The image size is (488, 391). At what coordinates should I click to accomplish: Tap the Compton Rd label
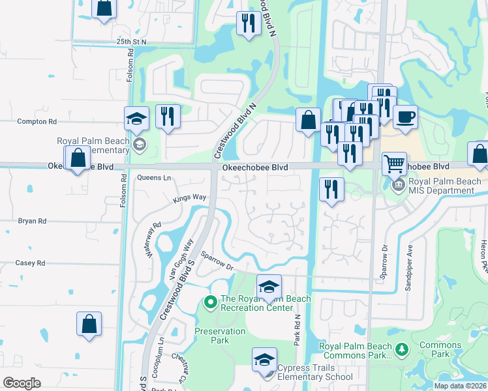[37, 121]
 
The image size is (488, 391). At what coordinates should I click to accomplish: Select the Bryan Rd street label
[32, 221]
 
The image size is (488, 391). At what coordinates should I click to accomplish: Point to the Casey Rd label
[31, 263]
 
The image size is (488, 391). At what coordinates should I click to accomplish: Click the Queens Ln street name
[155, 177]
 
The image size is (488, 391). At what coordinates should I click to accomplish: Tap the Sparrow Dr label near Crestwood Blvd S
[217, 261]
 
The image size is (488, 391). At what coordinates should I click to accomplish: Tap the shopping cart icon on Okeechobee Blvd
[393, 164]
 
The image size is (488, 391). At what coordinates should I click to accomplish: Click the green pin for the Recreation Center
[210, 301]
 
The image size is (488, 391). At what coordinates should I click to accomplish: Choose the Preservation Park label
[220, 336]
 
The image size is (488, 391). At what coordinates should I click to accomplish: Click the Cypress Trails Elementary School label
[315, 372]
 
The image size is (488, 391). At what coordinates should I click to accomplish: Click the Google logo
[22, 383]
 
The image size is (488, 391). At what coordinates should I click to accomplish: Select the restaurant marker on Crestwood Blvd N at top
[248, 24]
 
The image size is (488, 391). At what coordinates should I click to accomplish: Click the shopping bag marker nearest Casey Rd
[89, 324]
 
